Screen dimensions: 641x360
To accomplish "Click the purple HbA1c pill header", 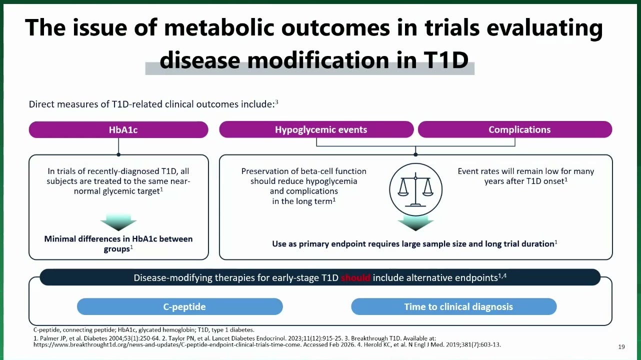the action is [118, 129].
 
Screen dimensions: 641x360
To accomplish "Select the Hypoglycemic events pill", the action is [316, 129].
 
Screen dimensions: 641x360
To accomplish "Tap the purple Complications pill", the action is [515, 129].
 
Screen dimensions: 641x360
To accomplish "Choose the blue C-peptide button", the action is [179, 306].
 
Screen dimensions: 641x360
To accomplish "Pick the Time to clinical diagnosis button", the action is [454, 306].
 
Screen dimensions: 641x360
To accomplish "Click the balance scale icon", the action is [415, 189].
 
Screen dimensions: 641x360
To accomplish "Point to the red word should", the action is [355, 277].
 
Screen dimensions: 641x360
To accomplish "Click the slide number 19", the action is [621, 347].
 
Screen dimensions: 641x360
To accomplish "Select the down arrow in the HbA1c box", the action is [118, 222].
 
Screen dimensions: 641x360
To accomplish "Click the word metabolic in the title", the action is [219, 28].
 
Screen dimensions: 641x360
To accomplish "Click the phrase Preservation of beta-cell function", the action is [303, 171].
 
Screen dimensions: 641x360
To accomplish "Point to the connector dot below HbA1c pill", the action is [118, 154].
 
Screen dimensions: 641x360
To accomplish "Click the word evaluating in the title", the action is [544, 28].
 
